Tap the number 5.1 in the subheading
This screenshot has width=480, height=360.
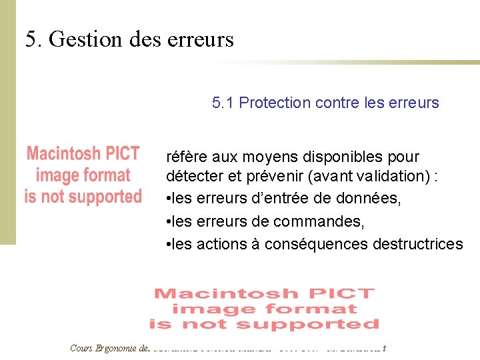[x=223, y=103]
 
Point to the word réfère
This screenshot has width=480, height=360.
[x=185, y=157]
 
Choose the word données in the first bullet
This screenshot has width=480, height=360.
[x=371, y=199]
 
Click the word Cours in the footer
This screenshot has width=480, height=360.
[x=81, y=347]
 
